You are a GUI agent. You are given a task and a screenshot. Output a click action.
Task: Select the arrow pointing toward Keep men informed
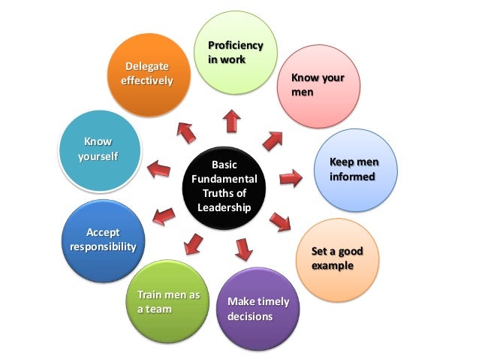pos(291,179)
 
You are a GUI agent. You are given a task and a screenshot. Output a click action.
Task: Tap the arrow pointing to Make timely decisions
pos(243,248)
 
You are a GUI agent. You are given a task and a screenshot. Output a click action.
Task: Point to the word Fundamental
pos(224,179)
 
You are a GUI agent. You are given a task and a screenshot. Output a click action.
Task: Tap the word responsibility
pos(103,247)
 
